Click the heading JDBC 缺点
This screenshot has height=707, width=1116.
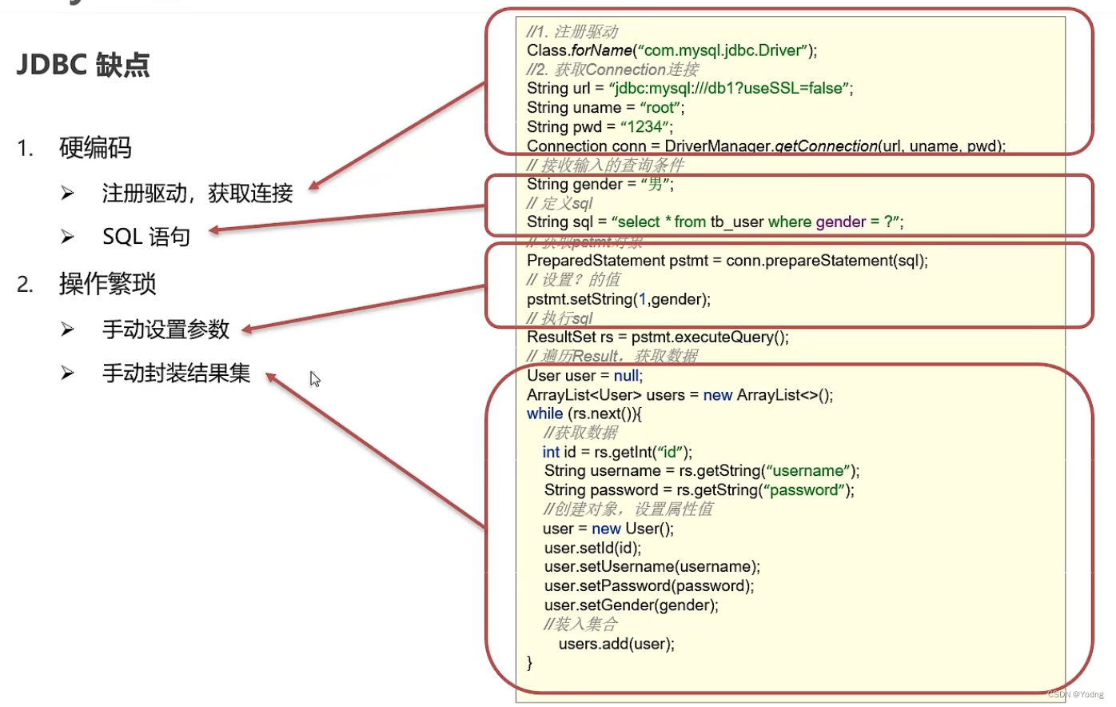pyautogui.click(x=83, y=65)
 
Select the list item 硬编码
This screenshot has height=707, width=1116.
pyautogui.click(x=95, y=148)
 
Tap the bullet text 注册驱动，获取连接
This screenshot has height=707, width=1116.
pyautogui.click(x=197, y=193)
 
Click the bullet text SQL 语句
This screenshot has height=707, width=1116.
pyautogui.click(x=146, y=237)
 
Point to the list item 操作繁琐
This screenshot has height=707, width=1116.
pyautogui.click(x=108, y=284)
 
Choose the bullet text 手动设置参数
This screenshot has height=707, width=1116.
pyautogui.click(x=165, y=330)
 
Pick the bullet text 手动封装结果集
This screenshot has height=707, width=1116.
pyautogui.click(x=176, y=373)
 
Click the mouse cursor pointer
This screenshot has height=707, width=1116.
pyautogui.click(x=315, y=379)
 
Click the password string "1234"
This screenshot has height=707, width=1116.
pyautogui.click(x=645, y=127)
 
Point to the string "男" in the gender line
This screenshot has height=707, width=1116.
pyautogui.click(x=656, y=185)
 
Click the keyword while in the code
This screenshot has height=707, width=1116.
pyautogui.click(x=544, y=413)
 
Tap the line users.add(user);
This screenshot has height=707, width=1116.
pyautogui.click(x=616, y=644)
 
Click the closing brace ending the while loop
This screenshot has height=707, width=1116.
pyautogui.click(x=530, y=662)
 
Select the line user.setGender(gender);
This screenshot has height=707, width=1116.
pyautogui.click(x=631, y=605)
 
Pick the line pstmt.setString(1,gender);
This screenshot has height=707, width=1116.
pyautogui.click(x=618, y=299)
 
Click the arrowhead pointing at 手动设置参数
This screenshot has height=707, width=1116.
pyautogui.click(x=247, y=330)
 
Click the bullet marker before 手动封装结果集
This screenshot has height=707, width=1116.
pyautogui.click(x=68, y=373)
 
